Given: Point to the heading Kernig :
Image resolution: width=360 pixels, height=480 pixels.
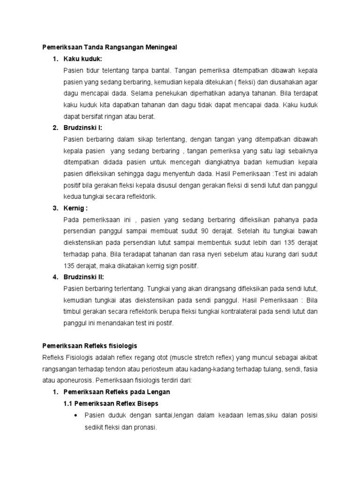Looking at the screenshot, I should point(76,208).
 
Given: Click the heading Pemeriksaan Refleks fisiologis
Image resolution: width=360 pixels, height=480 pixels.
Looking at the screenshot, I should point(89,345).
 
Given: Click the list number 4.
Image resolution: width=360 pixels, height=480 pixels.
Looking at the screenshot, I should point(55,277).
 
